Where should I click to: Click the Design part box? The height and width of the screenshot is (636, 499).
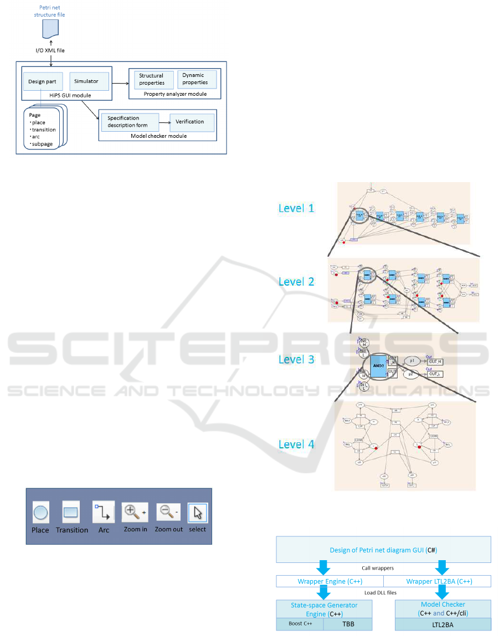pos(43,81)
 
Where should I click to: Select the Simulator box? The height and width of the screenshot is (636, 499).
pos(86,81)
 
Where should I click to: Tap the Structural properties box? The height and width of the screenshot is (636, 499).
pos(151,79)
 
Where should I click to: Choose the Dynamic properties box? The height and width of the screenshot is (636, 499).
pos(196,79)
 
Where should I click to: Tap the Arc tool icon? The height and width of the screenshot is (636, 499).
pos(104,513)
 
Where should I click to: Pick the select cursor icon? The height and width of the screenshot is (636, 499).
pos(197,513)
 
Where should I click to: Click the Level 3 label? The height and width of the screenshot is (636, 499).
pos(296,359)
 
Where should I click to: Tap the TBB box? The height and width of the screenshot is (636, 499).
pos(347,624)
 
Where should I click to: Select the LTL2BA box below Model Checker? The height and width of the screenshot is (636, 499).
pos(443,624)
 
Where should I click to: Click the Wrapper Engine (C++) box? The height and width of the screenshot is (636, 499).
pos(330,581)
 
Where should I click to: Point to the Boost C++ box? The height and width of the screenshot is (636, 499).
pos(300,624)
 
